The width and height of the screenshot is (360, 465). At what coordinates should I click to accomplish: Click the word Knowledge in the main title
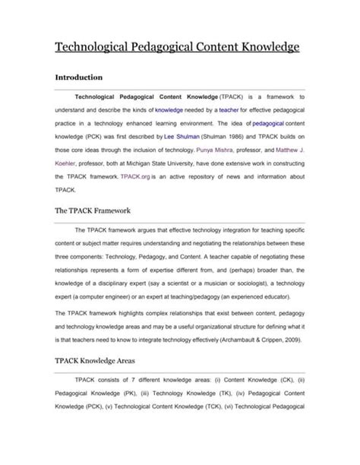(261, 47)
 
